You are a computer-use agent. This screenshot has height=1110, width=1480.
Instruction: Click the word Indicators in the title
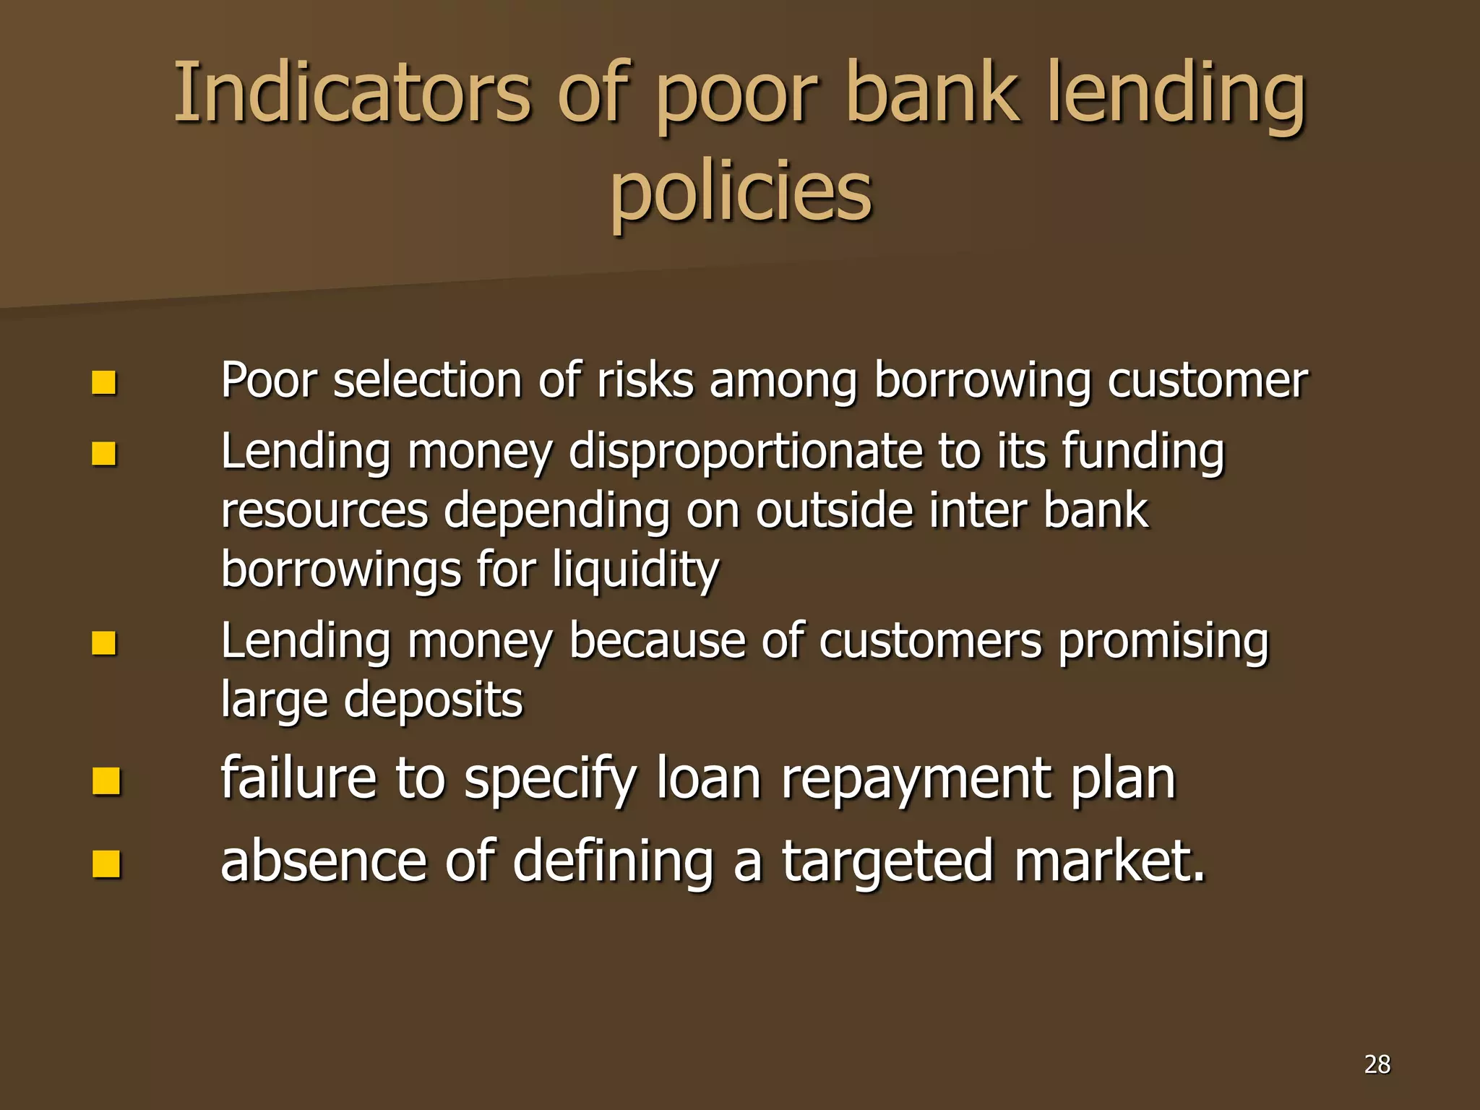353,94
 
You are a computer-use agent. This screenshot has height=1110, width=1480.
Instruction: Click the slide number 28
1377,1064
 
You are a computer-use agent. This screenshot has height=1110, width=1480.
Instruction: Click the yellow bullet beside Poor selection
105,382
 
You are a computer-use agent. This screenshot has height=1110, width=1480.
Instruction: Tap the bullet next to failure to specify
106,780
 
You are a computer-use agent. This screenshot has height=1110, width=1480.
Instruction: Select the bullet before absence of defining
106,864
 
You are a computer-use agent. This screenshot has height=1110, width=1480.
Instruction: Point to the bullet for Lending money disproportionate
105,454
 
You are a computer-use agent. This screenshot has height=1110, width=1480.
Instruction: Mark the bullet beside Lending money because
105,642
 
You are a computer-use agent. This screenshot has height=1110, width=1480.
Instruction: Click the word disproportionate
746,452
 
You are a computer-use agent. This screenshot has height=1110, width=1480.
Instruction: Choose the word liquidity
636,570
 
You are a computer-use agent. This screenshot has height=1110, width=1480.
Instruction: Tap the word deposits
433,700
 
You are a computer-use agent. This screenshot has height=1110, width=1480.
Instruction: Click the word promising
1163,641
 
